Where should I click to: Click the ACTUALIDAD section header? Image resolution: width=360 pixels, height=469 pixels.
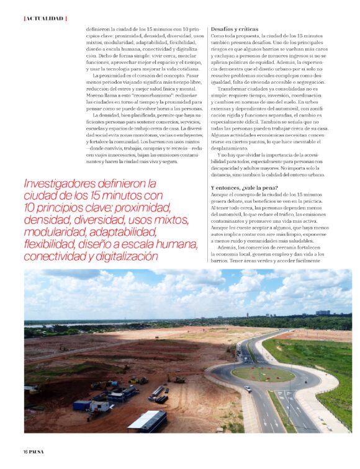(45, 18)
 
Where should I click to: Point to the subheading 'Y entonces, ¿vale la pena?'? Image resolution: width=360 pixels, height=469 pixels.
(245, 187)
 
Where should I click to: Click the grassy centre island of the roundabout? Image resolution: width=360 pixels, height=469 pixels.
(263, 373)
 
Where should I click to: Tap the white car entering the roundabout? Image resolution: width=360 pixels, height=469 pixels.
(247, 389)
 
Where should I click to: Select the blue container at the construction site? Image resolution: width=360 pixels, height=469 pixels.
(83, 405)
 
